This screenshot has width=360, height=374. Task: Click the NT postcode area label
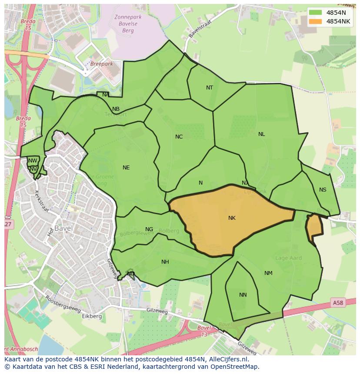point(210,88)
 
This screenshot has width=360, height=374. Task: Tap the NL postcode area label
point(261,134)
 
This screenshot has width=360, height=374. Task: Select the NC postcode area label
point(179,137)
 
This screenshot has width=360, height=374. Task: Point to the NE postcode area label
point(126,168)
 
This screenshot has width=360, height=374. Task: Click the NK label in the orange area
point(232,218)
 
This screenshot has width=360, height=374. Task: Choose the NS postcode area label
point(323,190)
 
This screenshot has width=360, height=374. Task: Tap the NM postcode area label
point(268,273)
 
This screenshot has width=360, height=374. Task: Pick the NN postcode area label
point(243,295)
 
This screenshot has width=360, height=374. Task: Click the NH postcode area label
point(165,262)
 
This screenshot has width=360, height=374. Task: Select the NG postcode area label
point(149,229)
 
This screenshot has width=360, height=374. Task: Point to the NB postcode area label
point(116,109)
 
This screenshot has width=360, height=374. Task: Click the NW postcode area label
point(33,161)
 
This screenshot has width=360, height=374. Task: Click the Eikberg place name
point(92,316)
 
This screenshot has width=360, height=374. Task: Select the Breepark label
point(101,64)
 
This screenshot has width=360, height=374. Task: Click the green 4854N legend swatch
point(315,13)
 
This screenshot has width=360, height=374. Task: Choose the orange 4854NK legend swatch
point(315,21)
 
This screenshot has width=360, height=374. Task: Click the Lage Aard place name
point(289,258)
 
